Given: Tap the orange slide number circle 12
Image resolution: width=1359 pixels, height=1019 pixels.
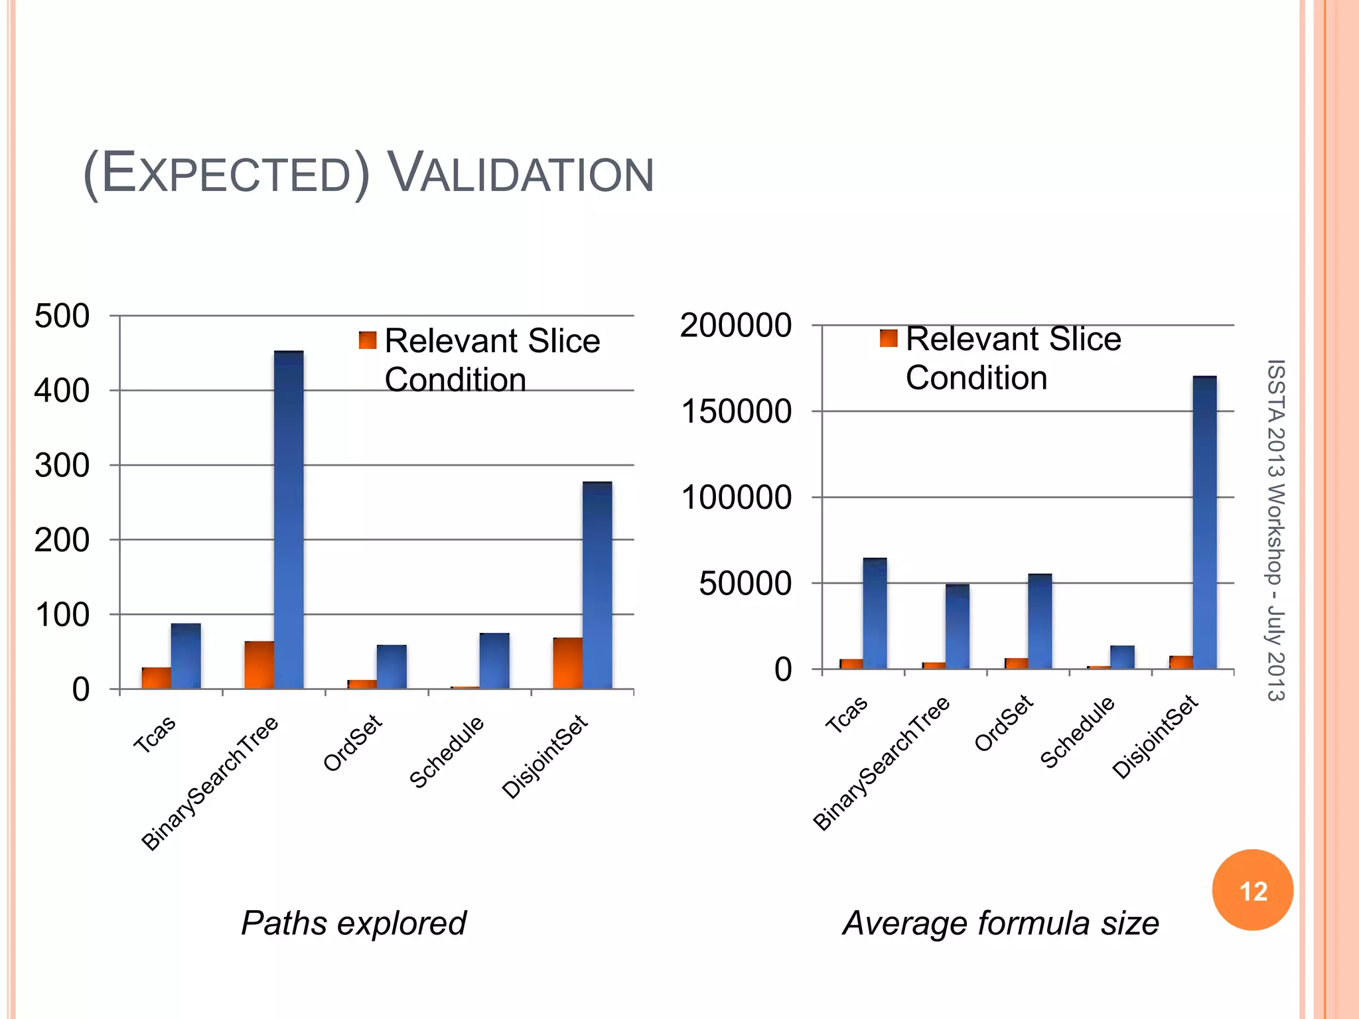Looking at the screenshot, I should [x=1252, y=890].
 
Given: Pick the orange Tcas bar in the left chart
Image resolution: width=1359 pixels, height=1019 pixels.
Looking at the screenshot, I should [x=156, y=678].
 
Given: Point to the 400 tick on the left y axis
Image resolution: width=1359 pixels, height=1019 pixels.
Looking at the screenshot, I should [x=62, y=391].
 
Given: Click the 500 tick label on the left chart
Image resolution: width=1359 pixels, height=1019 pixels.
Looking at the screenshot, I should [x=62, y=316].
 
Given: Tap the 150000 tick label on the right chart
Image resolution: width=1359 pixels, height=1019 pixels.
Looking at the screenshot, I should [x=736, y=411].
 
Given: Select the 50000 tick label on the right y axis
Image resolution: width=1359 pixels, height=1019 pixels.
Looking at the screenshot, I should [x=745, y=583].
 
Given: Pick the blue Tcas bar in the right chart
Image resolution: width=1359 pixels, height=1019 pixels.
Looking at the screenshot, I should [x=875, y=613].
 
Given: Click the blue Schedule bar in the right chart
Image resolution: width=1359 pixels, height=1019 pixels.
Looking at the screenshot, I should [x=1122, y=657].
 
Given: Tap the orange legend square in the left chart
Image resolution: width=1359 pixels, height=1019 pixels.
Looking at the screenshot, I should [x=368, y=340].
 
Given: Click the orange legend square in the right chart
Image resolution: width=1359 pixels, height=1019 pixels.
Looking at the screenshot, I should [x=889, y=338].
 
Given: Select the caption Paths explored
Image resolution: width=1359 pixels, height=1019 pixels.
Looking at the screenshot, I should [x=354, y=923].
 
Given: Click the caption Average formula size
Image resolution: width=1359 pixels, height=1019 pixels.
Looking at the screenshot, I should [x=1000, y=923].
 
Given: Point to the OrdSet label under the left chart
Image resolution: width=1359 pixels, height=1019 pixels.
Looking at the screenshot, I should [x=352, y=743].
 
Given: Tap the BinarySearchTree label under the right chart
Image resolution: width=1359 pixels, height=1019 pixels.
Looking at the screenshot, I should [x=881, y=764].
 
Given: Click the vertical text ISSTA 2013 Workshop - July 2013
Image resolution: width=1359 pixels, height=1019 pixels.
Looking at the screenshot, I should [x=1275, y=530].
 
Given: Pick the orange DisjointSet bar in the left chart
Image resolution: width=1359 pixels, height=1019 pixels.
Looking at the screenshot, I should [x=567, y=663].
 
